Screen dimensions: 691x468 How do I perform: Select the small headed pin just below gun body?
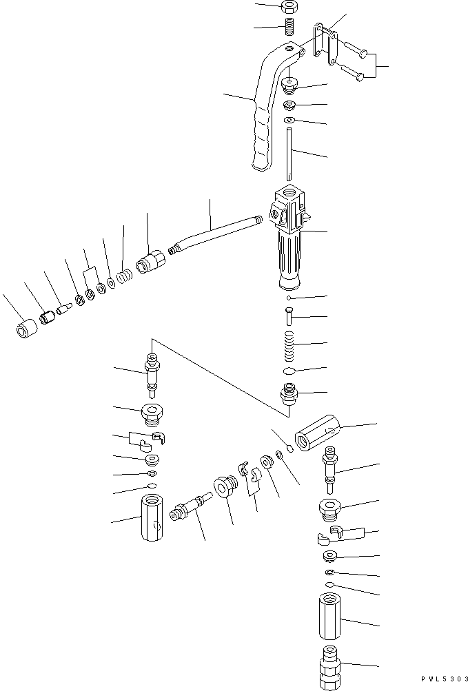[289, 318]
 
